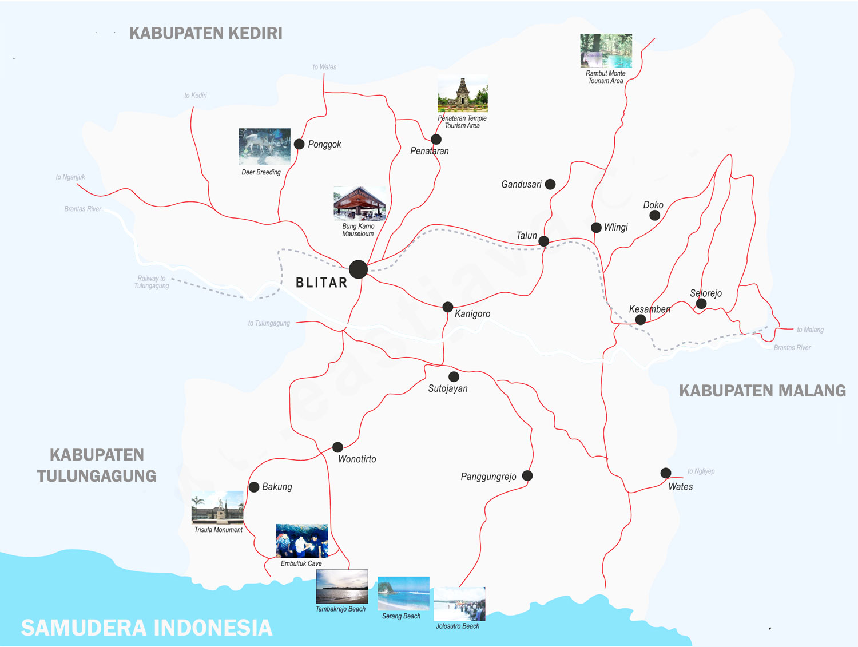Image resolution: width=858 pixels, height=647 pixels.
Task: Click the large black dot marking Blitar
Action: pyautogui.click(x=358, y=269)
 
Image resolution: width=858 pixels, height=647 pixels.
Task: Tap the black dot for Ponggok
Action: pyautogui.click(x=299, y=144)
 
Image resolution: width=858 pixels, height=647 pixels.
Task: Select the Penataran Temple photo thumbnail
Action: pyautogui.click(x=463, y=94)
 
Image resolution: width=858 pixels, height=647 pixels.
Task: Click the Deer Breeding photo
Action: pyautogui.click(x=264, y=147)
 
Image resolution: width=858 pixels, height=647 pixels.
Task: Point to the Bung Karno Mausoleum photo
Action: pyautogui.click(x=359, y=204)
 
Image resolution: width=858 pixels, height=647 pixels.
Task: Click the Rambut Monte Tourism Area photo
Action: pyautogui.click(x=606, y=51)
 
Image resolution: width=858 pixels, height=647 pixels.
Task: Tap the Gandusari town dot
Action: pyautogui.click(x=550, y=184)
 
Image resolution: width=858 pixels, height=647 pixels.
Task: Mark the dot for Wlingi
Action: pyautogui.click(x=596, y=227)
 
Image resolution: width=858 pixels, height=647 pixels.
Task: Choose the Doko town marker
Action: pyautogui.click(x=655, y=215)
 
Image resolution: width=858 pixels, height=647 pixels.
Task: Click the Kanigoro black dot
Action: pyautogui.click(x=448, y=307)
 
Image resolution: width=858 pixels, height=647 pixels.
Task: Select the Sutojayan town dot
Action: pyautogui.click(x=454, y=376)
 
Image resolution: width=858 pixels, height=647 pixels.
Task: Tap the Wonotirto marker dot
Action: pyautogui.click(x=338, y=447)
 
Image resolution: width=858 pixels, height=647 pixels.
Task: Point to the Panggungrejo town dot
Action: pyautogui.click(x=527, y=475)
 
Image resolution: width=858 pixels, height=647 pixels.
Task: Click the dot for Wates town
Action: pyautogui.click(x=666, y=473)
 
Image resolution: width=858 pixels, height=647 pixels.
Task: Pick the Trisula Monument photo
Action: pyautogui.click(x=217, y=507)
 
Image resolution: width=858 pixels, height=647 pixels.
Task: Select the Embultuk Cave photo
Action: pyautogui.click(x=302, y=541)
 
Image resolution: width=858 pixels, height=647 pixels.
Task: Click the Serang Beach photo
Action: pyautogui.click(x=403, y=594)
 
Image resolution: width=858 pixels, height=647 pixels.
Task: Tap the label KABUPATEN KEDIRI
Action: pyautogui.click(x=206, y=33)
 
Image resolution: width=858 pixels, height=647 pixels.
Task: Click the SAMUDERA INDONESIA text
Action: pyautogui.click(x=146, y=628)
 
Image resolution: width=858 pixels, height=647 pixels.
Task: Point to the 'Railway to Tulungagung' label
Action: pyautogui.click(x=152, y=282)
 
